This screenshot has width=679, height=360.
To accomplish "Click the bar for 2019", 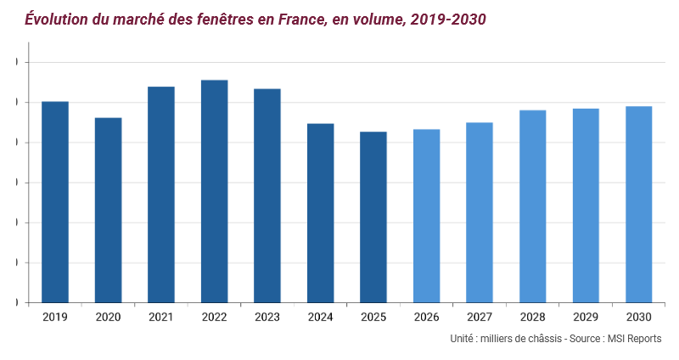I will tap(55, 202).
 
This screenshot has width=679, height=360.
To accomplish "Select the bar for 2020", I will tap(108, 210).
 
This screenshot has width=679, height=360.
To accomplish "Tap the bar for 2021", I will tap(161, 194).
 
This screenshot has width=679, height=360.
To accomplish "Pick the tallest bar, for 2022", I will tap(214, 191).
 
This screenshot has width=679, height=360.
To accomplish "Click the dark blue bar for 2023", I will tap(267, 195).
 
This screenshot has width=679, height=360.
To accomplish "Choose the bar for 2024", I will tap(320, 213).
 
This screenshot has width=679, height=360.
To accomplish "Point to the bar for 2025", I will tap(373, 217).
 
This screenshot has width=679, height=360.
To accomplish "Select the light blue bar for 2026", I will tap(426, 216).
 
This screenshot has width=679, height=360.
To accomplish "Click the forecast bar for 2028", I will tap(533, 206).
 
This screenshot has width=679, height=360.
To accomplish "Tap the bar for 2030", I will tap(638, 205).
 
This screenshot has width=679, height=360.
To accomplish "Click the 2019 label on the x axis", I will tap(55, 317).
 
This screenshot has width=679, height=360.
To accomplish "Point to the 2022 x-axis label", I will tap(214, 317).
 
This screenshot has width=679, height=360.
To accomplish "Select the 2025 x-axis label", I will tap(373, 317).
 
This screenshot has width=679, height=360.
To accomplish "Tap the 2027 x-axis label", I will tap(480, 317).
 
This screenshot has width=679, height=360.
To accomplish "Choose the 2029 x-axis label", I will tap(586, 317).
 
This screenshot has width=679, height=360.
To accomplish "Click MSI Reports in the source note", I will tap(631, 339).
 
